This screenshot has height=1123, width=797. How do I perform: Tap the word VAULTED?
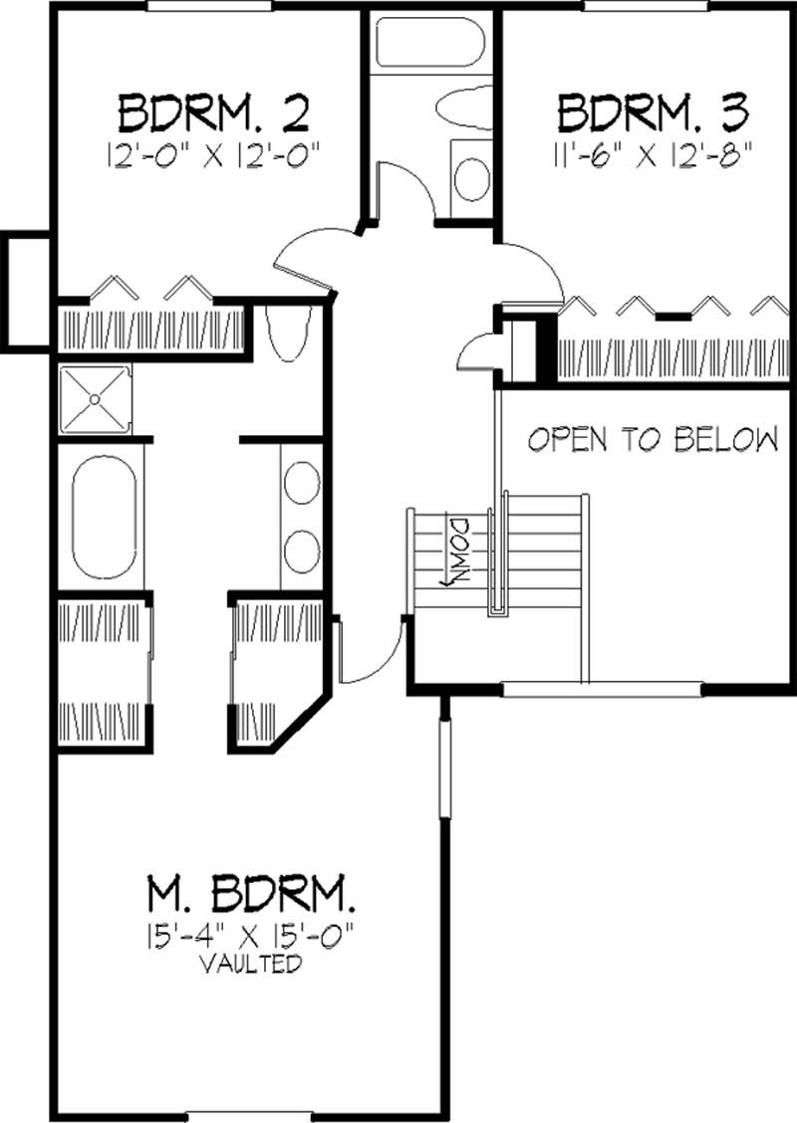pyautogui.click(x=250, y=964)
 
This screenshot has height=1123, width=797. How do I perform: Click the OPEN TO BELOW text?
pyautogui.click(x=653, y=439)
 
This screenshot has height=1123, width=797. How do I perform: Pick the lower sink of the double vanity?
pyautogui.click(x=300, y=548)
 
